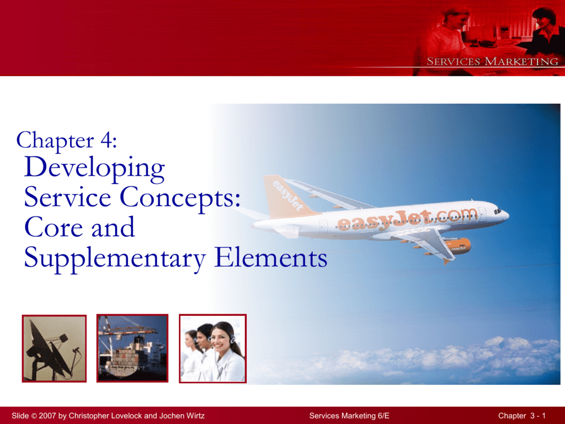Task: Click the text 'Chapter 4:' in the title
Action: pos(67,140)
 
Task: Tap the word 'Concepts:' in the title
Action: pos(180,198)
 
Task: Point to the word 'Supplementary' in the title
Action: pos(115,258)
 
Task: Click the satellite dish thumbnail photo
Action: pos(54,348)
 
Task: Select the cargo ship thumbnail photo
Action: pos(132,348)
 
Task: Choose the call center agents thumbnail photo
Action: pos(212,348)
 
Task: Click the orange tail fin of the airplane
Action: pos(286,197)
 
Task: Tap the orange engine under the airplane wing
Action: pos(457,246)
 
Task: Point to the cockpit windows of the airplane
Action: pos(498,211)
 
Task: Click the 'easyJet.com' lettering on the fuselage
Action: pos(407,220)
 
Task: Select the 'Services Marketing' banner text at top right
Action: pos(492,61)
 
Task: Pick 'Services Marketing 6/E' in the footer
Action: pos(349,416)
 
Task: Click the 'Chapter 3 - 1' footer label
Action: pos(522,416)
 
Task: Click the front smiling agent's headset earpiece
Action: pos(232,339)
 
